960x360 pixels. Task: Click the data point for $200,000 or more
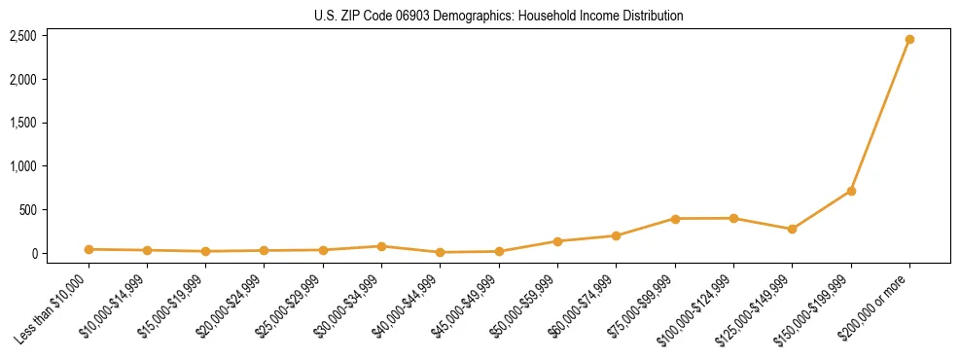coord(909,40)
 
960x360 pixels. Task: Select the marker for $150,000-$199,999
coord(851,191)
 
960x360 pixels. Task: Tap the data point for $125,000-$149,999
coord(792,230)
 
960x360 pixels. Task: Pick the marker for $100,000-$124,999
coord(733,218)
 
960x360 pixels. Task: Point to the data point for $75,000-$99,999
coord(674,219)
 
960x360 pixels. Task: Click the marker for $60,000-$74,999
coord(616,235)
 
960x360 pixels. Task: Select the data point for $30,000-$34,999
coord(381,246)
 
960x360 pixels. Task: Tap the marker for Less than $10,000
coord(89,249)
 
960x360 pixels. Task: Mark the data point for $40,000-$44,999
coord(440,252)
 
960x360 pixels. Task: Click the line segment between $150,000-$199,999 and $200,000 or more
coord(880,115)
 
